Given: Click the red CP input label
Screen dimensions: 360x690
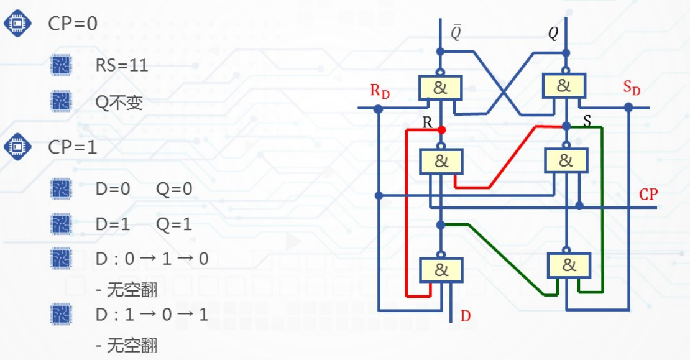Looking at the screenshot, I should [x=648, y=195].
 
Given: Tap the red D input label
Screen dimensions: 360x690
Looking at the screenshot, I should [x=466, y=316].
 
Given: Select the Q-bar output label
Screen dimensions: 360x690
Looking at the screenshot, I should [x=456, y=32].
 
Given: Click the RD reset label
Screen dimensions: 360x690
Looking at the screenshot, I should [x=380, y=91].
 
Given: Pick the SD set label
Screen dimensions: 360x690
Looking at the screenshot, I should [x=632, y=88].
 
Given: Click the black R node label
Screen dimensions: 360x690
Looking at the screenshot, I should [x=427, y=122].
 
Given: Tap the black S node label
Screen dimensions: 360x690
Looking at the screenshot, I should [x=587, y=119].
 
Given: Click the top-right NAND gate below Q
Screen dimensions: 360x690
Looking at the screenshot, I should [x=564, y=86].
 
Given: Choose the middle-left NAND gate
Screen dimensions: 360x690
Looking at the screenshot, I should [x=441, y=162].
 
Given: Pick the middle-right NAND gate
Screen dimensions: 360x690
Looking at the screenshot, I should [x=566, y=160].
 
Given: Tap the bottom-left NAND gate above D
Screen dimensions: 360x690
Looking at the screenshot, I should [x=441, y=270].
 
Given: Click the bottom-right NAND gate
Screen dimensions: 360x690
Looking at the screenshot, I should [x=568, y=266].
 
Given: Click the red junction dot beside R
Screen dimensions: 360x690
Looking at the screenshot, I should [x=441, y=130].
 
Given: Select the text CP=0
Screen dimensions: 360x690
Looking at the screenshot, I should [x=73, y=24].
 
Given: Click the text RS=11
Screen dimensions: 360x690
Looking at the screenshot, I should [x=122, y=65].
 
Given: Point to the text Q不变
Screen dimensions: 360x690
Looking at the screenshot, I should [x=119, y=103].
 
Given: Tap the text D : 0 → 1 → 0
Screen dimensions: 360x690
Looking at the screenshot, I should [x=152, y=259].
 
